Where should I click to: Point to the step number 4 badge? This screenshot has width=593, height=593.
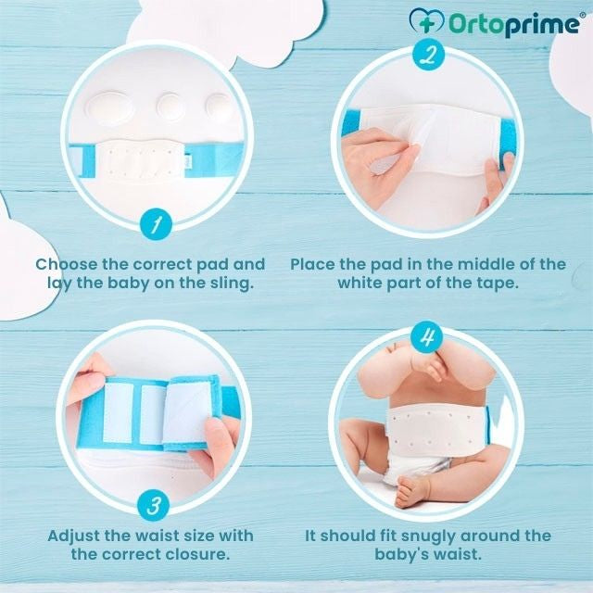click(427, 336)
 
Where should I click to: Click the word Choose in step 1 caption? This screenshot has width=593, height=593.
click(73, 264)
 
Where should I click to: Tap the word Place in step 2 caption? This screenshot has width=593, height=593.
click(314, 264)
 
